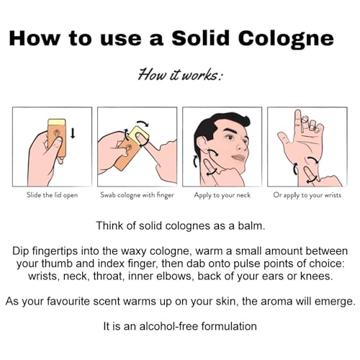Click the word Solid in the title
(200, 38)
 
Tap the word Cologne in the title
(286, 40)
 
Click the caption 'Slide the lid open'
(52, 194)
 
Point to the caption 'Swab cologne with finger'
(137, 194)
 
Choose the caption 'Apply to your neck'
(222, 195)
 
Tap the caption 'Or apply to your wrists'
(307, 195)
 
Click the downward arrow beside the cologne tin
(73, 133)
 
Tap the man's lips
(239, 158)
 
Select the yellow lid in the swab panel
(139, 136)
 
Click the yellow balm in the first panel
(57, 122)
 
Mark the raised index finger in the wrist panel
(298, 122)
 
